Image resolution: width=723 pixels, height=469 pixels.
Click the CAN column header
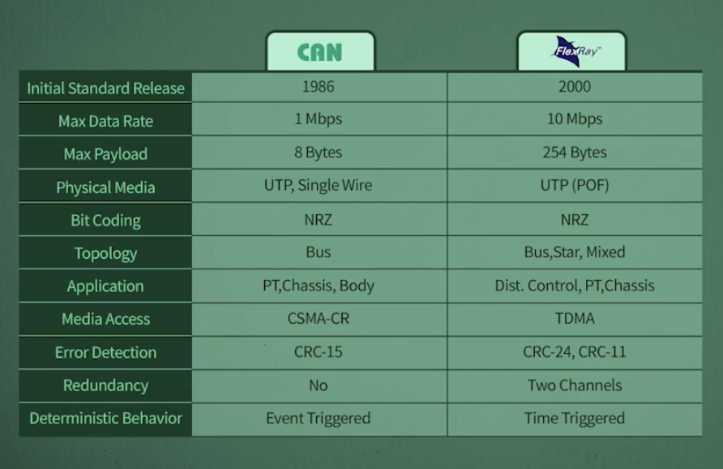(x=319, y=52)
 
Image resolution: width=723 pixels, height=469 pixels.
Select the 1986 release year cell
(x=319, y=87)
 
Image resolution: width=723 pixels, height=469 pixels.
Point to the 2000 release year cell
(x=575, y=87)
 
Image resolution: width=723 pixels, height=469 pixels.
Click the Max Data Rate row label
(x=105, y=121)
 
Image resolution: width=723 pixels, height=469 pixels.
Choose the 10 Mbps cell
(x=575, y=119)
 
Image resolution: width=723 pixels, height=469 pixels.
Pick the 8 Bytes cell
(x=319, y=153)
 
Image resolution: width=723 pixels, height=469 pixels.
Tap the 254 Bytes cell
(x=575, y=153)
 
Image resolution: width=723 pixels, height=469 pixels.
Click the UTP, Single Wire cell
(x=319, y=185)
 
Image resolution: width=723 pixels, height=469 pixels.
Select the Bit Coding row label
(x=105, y=220)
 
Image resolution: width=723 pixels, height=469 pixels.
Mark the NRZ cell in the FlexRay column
(x=575, y=219)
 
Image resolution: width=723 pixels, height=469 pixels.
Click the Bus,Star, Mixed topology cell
(x=575, y=252)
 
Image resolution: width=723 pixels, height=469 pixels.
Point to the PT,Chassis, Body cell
(x=319, y=285)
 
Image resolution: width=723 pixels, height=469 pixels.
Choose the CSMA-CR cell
(x=319, y=318)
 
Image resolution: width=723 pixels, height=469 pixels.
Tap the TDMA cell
(x=575, y=318)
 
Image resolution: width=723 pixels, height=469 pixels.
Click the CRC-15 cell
(x=319, y=351)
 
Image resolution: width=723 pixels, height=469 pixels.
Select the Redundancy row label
(x=105, y=385)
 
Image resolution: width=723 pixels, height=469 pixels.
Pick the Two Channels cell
(x=575, y=385)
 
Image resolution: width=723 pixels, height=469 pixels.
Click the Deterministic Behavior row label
(x=105, y=419)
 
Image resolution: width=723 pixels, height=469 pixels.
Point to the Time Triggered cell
(x=575, y=418)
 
